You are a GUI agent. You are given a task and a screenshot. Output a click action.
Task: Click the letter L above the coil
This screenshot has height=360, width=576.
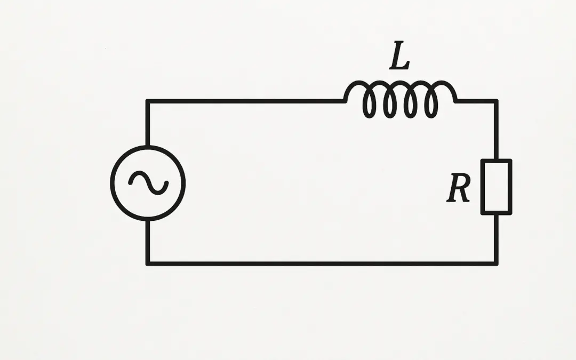click(399, 58)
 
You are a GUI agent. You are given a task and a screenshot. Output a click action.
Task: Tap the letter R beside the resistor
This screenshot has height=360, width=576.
click(459, 188)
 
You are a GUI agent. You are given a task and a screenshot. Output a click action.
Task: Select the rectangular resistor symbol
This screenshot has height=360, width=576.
click(496, 187)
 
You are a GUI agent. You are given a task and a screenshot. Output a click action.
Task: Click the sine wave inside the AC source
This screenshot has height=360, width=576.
click(148, 182)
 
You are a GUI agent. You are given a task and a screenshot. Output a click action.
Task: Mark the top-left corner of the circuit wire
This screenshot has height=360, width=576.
click(148, 101)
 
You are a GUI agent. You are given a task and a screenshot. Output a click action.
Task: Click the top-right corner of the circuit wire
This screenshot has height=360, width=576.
click(496, 101)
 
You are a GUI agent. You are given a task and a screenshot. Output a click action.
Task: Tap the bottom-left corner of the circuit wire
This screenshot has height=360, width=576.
click(148, 263)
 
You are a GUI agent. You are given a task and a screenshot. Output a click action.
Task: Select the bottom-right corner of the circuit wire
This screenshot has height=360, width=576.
click(496, 263)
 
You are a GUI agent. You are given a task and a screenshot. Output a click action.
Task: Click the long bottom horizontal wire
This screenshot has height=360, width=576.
click(320, 263)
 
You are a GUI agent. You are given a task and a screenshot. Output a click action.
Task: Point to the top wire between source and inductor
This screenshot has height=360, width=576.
click(245, 101)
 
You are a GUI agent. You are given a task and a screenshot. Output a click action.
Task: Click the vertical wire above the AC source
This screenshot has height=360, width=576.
click(148, 123)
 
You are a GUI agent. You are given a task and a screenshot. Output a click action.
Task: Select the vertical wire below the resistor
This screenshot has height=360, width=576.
click(496, 239)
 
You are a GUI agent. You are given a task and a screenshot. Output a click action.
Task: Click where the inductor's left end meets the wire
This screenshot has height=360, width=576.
click(346, 100)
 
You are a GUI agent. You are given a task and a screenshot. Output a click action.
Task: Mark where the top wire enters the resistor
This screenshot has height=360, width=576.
click(496, 159)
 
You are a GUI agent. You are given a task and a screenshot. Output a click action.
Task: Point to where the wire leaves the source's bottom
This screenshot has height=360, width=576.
click(148, 220)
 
